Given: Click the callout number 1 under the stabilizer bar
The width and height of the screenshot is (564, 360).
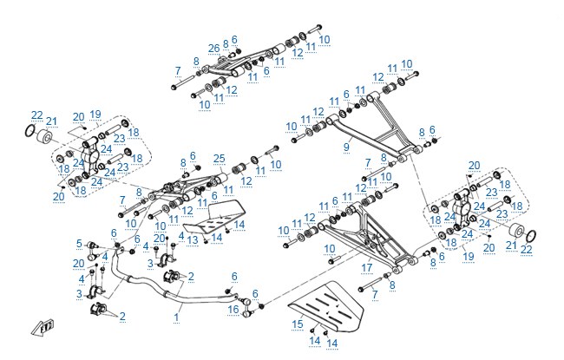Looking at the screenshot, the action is point(176,317).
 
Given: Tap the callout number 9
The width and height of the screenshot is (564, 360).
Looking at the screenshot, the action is point(346,147).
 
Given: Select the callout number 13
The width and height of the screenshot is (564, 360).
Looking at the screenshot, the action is point(193,240).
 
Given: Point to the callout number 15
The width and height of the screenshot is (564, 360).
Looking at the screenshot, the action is point(298,324).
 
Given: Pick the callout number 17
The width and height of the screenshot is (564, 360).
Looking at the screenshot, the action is point(366,267).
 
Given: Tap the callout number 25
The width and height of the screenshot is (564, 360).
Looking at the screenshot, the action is point(219,158).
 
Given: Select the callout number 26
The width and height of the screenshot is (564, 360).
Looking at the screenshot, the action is point(214,49).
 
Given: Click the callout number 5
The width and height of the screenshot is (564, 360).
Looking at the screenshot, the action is point(79,244).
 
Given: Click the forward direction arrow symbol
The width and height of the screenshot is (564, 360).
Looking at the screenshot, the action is point(43,327).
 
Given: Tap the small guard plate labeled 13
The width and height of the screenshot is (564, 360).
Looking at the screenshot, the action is point(215,217).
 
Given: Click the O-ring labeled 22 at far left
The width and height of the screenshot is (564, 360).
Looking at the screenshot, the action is point(30,131).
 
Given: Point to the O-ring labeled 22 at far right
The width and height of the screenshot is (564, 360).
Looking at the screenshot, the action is point(531,236).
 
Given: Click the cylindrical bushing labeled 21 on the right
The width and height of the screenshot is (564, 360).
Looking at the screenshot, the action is point(516,230).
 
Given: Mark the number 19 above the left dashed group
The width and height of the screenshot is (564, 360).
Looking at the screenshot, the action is point(95,115).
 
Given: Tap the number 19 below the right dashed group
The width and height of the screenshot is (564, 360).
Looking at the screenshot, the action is point(469,257).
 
